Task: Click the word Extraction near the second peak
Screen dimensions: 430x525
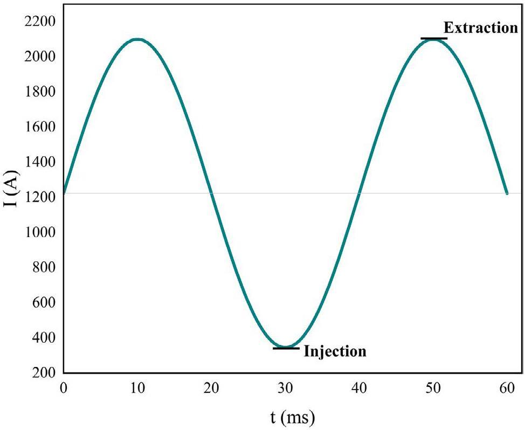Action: point(480,27)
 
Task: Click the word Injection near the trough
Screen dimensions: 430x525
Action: point(335,351)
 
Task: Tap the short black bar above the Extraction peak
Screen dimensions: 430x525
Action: point(434,38)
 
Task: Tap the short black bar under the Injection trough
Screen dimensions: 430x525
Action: point(286,348)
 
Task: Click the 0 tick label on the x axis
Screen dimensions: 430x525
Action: point(64,387)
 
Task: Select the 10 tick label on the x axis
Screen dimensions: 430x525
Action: point(138,387)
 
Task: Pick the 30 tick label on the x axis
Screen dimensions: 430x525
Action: point(286,387)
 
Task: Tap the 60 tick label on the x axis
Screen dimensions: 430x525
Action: point(507,387)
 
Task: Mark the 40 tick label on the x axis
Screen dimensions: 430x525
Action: point(360,387)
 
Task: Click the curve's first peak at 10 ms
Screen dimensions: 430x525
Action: point(138,39)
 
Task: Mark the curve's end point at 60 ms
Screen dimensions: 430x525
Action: point(507,193)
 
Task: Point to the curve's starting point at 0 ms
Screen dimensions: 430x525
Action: point(64,192)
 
